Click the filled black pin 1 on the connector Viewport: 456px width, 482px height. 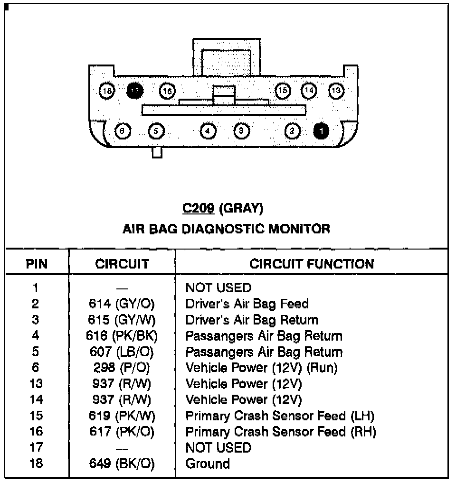click(x=322, y=130)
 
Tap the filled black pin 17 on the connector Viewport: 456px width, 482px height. click(x=135, y=90)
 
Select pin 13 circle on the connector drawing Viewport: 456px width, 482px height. click(x=337, y=90)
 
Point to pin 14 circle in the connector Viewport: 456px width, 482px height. click(x=310, y=90)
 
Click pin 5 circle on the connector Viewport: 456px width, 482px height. click(x=157, y=130)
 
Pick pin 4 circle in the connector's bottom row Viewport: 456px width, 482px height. click(x=208, y=130)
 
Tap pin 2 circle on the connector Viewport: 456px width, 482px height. click(x=293, y=130)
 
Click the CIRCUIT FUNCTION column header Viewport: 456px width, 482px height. click(x=312, y=264)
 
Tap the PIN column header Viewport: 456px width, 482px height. click(x=37, y=264)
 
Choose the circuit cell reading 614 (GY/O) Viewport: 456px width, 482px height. click(x=122, y=304)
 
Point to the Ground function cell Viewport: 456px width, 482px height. click(x=208, y=463)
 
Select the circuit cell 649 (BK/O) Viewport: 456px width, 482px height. click(x=122, y=463)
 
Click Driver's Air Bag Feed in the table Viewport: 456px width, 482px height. click(x=247, y=304)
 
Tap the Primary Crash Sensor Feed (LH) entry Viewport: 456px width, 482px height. click(x=280, y=416)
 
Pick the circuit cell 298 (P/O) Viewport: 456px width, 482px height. click(x=122, y=368)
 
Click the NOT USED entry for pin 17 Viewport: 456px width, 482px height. click(x=218, y=447)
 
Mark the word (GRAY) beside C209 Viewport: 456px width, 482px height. click(x=242, y=208)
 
